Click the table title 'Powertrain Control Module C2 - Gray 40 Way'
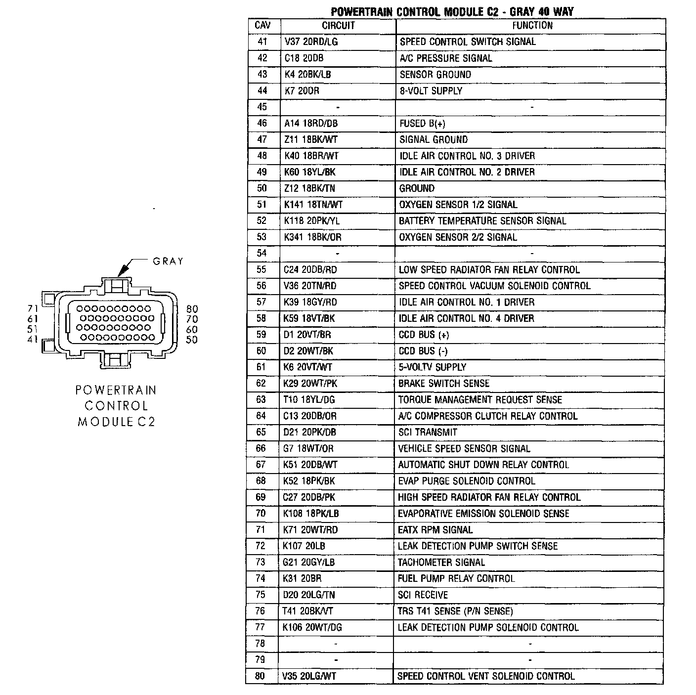(452, 11)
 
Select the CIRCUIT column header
(338, 26)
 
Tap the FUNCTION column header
(532, 26)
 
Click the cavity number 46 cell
(262, 123)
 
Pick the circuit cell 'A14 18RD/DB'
(311, 123)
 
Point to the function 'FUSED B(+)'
(422, 124)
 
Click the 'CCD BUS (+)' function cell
(424, 335)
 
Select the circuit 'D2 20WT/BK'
(308, 351)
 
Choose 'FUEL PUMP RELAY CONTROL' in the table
(456, 578)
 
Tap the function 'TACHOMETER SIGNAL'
(441, 562)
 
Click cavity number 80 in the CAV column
(260, 676)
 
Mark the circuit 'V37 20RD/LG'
(311, 42)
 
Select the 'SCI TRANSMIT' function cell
(428, 432)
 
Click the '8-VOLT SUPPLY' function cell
(431, 91)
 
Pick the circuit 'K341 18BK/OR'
(312, 237)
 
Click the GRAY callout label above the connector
(168, 261)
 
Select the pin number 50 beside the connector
(192, 340)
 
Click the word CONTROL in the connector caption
(116, 406)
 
